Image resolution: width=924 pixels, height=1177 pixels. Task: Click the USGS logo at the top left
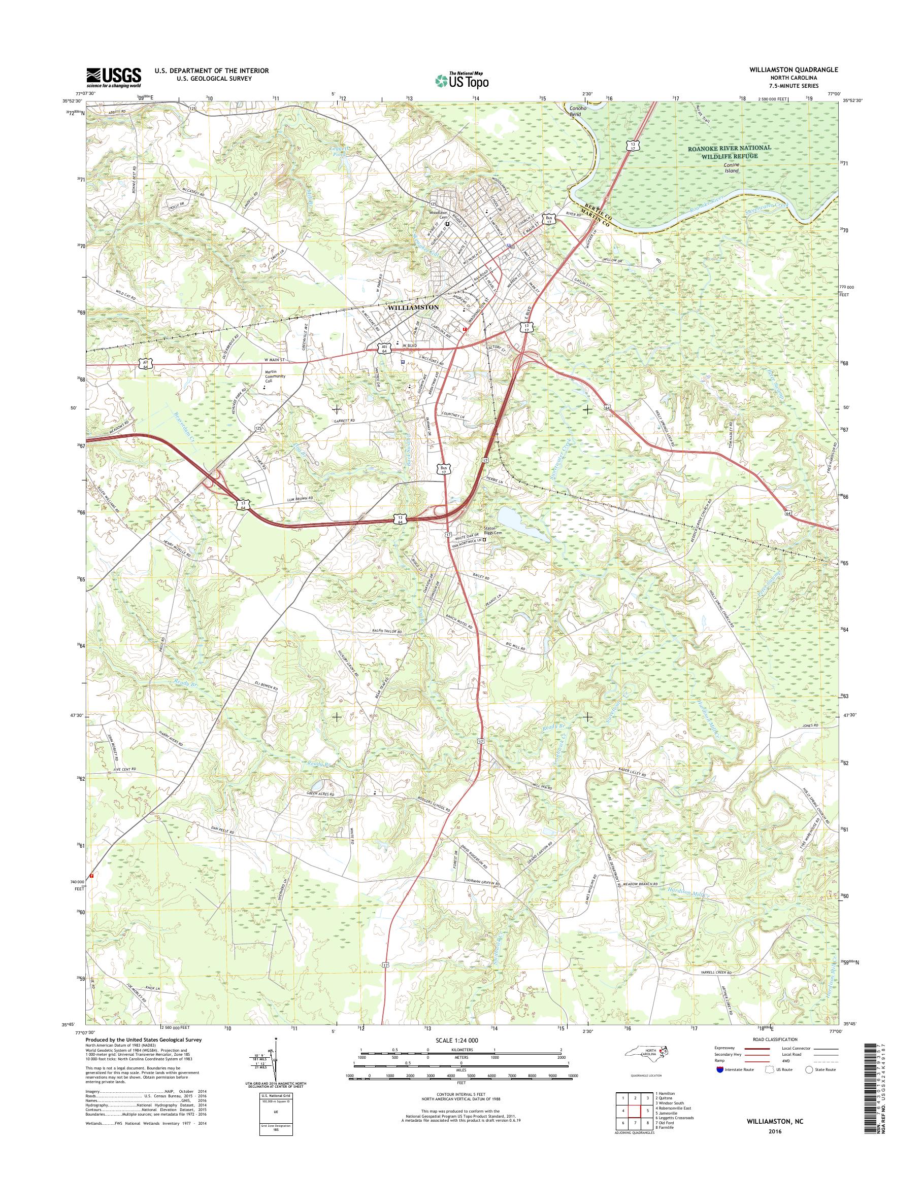(114, 77)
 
